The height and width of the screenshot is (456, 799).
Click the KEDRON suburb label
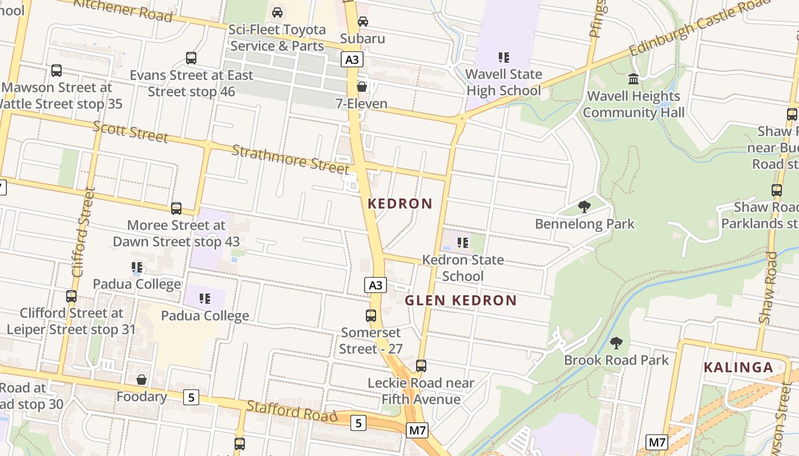pos(400,203)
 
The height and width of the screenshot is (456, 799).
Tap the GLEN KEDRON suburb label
pos(461,300)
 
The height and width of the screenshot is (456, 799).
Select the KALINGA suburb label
pos(739,367)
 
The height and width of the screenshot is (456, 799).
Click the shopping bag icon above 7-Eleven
pos(362,87)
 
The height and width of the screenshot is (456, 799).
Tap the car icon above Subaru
pos(362,22)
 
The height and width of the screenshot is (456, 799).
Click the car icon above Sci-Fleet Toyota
pos(277,13)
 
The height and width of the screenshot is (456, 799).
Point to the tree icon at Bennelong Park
pos(584,206)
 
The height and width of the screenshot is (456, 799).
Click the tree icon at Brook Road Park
pos(616,343)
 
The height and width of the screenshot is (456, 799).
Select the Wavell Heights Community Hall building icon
pos(633,79)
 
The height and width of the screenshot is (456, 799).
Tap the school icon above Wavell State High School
pos(503,57)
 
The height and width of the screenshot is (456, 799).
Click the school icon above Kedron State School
pos(463,243)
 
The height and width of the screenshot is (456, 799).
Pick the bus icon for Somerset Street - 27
pos(371,315)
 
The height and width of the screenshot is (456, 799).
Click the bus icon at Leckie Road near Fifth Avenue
pos(421,365)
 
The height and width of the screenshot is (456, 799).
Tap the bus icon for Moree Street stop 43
pos(176,209)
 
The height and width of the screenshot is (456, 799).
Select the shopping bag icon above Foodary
pos(142,379)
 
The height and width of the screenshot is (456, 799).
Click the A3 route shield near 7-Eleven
pos(353,59)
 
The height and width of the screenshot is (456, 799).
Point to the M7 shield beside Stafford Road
pos(417,430)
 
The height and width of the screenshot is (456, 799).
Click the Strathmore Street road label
pos(290,159)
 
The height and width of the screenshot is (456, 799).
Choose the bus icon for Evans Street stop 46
pos(191,58)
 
